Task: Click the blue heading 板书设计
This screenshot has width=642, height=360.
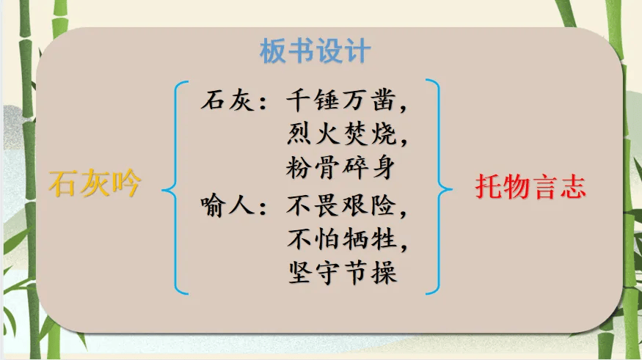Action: point(315,51)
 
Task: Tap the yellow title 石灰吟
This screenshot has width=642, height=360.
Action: point(95,184)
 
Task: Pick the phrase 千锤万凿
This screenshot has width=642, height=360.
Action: point(340,100)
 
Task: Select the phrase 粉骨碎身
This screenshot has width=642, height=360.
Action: point(340,168)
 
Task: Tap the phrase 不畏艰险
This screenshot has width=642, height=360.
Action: point(341,205)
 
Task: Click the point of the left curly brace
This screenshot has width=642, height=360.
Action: point(163,190)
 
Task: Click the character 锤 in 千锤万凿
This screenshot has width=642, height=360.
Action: point(327,100)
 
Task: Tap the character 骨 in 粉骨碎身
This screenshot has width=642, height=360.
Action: point(327,168)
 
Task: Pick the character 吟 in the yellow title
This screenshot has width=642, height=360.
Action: point(127,184)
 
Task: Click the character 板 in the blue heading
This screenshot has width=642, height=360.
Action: point(273,51)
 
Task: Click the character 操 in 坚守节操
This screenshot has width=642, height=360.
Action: point(384,273)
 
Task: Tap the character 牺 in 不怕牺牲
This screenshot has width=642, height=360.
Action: point(356,239)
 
